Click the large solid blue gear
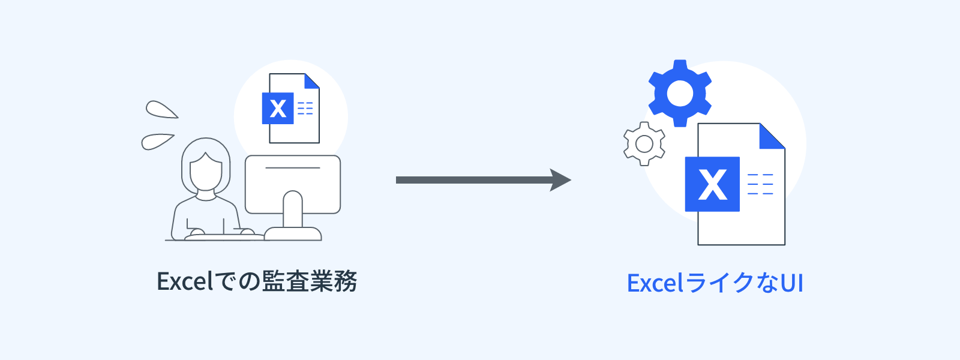pos(680,93)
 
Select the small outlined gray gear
pos(644,144)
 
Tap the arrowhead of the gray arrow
pos(560,180)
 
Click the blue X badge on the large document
pos(712,184)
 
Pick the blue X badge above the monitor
pos(278,109)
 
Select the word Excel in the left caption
pos(184,281)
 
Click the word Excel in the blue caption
pos(655,283)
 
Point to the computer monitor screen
pos(293,180)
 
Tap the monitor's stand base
pos(293,233)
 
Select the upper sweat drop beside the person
pos(160,110)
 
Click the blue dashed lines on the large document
pos(760,184)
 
